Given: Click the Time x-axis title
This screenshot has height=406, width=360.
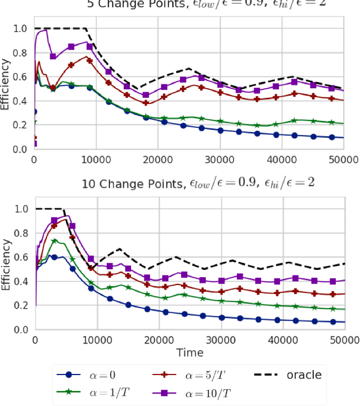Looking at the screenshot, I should (x=189, y=353).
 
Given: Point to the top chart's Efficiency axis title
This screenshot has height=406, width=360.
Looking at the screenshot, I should (x=6, y=89).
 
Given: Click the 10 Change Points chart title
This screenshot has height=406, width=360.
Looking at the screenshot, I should (x=189, y=184).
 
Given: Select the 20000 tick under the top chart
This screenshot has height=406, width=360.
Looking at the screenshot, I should (x=158, y=160).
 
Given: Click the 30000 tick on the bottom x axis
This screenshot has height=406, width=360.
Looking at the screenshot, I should (x=220, y=340).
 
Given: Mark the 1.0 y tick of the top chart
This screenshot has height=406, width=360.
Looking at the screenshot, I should (x=20, y=28).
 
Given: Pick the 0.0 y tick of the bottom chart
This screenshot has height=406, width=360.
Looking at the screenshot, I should (x=20, y=330).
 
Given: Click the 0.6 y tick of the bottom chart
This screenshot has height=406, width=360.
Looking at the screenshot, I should (x=20, y=257).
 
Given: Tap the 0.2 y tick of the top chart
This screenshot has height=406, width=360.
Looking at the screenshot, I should (x=20, y=125).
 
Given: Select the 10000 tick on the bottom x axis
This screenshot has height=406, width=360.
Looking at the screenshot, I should (x=96, y=340).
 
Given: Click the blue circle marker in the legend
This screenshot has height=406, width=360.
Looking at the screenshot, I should (x=68, y=375).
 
